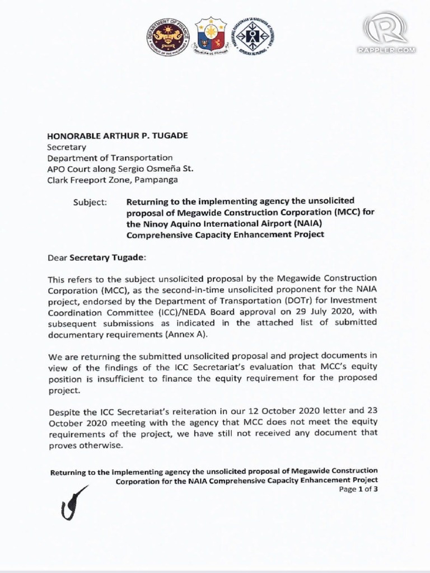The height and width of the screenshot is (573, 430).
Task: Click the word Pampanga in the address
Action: [x=158, y=180]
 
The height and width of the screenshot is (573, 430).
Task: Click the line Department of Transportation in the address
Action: [x=110, y=158]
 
